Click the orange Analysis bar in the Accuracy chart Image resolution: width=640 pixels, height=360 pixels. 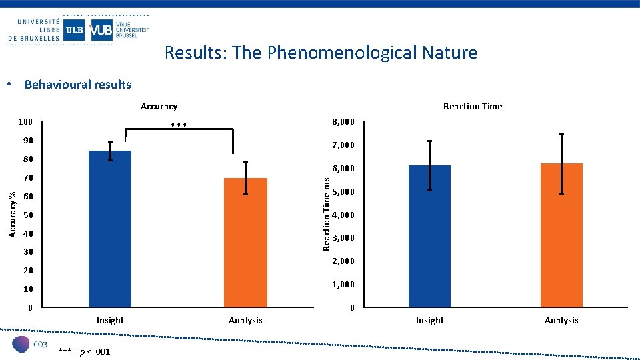(x=245, y=243)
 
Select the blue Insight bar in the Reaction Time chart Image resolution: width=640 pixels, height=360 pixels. (x=429, y=236)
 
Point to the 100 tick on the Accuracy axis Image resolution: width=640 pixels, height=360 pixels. (x=25, y=123)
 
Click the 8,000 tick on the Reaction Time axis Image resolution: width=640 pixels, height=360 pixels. (x=343, y=122)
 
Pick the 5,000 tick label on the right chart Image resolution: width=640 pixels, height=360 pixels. (x=343, y=192)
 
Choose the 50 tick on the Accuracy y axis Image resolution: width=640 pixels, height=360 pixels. (x=27, y=215)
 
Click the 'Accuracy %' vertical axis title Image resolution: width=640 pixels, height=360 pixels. (x=12, y=214)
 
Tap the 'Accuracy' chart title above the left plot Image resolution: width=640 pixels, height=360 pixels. (x=159, y=107)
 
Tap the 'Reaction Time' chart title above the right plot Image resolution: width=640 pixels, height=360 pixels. (x=472, y=107)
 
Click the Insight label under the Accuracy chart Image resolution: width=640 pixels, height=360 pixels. (x=110, y=321)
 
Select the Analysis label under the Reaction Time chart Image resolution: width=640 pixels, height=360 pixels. (x=561, y=321)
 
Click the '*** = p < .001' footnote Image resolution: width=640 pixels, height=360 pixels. (x=84, y=351)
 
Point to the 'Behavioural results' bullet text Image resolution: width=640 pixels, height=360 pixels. (x=77, y=85)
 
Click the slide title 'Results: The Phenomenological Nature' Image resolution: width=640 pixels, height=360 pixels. (x=321, y=53)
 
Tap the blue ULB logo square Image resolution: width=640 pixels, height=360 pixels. (x=74, y=30)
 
